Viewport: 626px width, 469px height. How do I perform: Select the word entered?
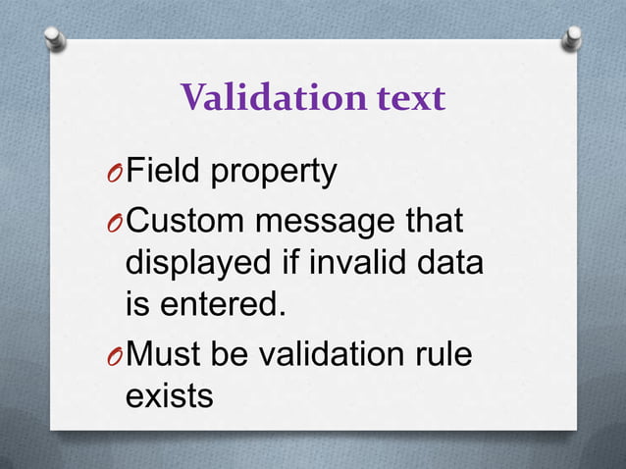[x=221, y=305]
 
